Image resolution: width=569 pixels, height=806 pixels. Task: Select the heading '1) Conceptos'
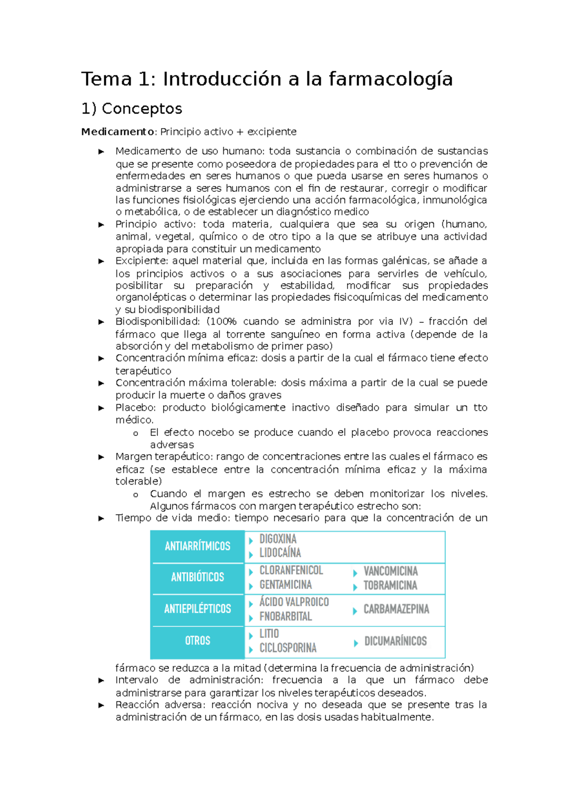coord(132,109)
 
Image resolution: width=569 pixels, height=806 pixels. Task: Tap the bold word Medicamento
coord(118,132)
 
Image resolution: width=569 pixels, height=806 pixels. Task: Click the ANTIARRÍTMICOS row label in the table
coord(197,546)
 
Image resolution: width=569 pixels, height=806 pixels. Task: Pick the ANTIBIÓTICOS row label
coord(197,577)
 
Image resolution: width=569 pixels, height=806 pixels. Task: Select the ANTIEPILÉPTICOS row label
coord(197,609)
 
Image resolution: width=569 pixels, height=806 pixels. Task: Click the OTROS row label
coord(197,641)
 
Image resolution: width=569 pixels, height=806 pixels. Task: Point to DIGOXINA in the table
coord(278,539)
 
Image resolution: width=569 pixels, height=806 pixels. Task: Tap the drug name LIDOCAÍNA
coord(280,553)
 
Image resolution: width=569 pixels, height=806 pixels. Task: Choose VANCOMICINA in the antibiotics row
coord(390,571)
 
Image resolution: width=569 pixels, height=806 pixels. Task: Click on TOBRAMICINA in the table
coord(390,586)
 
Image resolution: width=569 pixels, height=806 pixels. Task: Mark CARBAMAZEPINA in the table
coord(396,609)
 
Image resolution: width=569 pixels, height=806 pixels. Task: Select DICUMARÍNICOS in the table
coord(395,641)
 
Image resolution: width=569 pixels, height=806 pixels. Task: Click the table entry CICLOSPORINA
coord(288,648)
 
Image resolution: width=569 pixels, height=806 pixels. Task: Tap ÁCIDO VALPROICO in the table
coord(294,602)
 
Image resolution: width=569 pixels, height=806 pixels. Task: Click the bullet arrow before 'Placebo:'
coord(101,408)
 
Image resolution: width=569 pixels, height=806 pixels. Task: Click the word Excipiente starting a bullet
coord(140,261)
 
